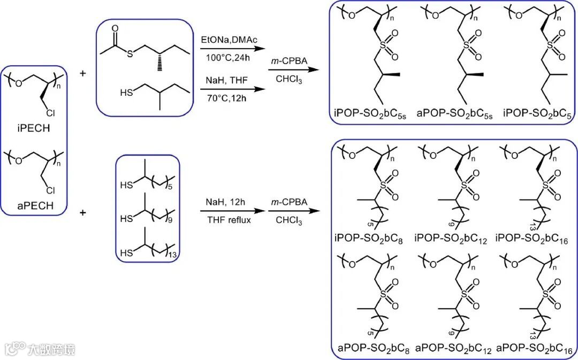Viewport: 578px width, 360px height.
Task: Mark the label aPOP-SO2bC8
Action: [x=373, y=350]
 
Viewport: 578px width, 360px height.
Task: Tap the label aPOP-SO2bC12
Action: [x=454, y=350]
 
